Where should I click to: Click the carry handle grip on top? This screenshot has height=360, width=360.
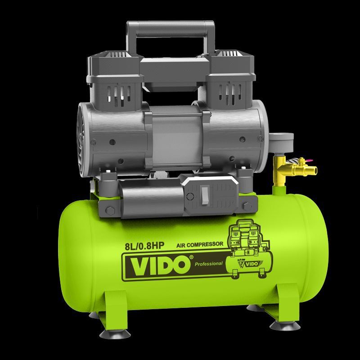pyautogui.click(x=171, y=29)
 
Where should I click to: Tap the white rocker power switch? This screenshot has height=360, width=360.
pyautogui.click(x=205, y=195)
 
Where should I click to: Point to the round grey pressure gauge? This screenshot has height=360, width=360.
pyautogui.click(x=281, y=142)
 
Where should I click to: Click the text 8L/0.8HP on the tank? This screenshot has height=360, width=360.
pyautogui.click(x=144, y=246)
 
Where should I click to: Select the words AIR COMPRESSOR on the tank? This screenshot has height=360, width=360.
pyautogui.click(x=200, y=244)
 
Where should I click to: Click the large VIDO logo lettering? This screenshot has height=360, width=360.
pyautogui.click(x=160, y=266)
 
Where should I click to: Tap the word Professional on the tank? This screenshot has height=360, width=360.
pyautogui.click(x=209, y=264)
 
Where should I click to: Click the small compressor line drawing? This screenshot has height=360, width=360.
pyautogui.click(x=249, y=249)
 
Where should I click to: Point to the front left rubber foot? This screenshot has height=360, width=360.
pyautogui.click(x=115, y=334)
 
